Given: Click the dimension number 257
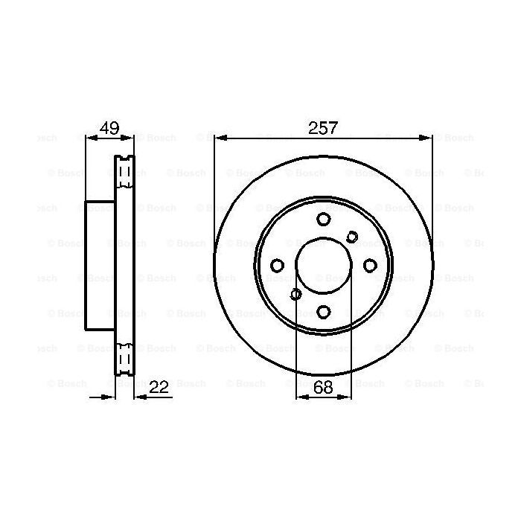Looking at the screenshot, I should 323,127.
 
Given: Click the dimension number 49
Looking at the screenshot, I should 109,127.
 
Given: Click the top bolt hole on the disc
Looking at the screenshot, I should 323,219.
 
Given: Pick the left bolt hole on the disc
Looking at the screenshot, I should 277,266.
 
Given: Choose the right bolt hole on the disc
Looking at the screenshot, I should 370,266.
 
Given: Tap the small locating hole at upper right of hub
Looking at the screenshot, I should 353,237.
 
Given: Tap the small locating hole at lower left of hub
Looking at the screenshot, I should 295,294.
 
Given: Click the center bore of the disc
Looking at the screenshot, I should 323,266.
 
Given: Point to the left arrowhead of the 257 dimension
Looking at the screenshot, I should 218,138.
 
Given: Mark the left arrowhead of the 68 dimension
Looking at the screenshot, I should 301,397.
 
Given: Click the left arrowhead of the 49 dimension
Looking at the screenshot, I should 89,138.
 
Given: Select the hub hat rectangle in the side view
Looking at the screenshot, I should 100,266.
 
